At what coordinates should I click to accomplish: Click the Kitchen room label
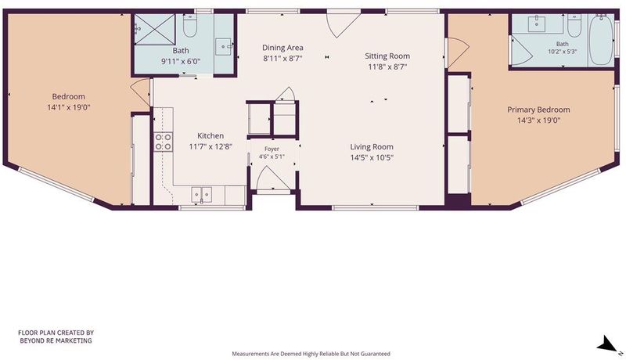point(210,135)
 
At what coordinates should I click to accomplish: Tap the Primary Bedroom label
point(538,110)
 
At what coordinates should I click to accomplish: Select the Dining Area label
point(282,48)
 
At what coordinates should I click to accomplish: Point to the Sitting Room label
point(387,56)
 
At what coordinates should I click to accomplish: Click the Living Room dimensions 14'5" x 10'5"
point(372,157)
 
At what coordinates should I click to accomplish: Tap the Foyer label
point(272,149)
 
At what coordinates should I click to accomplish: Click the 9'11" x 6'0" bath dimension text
point(181,62)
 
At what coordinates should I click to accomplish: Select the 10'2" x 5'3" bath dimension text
point(562,52)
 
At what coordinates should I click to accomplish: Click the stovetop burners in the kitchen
point(164,142)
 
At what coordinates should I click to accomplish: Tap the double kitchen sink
point(202,194)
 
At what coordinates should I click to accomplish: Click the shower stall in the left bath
point(154,29)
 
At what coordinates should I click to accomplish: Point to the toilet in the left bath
point(189,27)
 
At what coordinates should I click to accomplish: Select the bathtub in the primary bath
point(601,39)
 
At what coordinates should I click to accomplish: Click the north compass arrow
point(608,344)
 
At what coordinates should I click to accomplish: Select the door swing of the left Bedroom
point(141,92)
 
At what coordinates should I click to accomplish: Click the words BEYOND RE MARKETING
point(56,341)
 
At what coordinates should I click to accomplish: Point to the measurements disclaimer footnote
point(311,354)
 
